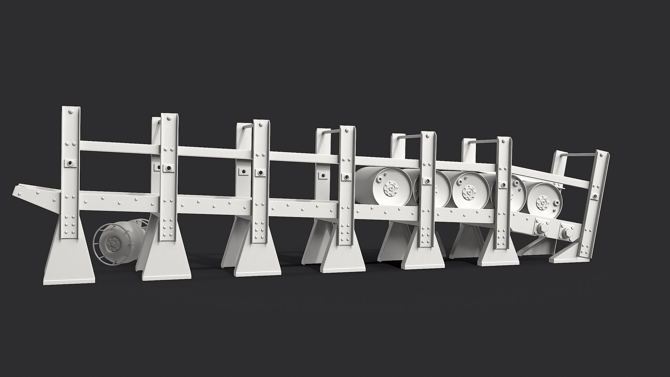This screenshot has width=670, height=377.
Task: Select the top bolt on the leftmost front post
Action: pyautogui.click(x=71, y=112)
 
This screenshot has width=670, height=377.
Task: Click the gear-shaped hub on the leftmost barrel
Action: pyautogui.click(x=389, y=190)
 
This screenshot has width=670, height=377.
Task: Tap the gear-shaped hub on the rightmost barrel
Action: pyautogui.click(x=543, y=203)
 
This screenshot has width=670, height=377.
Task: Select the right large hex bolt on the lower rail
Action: pyautogui.click(x=567, y=231)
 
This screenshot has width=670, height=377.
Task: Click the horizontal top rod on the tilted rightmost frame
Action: pyautogui.click(x=579, y=156)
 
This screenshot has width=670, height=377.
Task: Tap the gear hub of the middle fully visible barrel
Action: pyautogui.click(x=468, y=192)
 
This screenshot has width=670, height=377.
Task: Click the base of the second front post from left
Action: pyautogui.click(x=166, y=266)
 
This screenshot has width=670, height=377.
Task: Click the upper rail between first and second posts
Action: pyautogui.click(x=120, y=147)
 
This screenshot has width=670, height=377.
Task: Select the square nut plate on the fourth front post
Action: pyautogui.click(x=347, y=177)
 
